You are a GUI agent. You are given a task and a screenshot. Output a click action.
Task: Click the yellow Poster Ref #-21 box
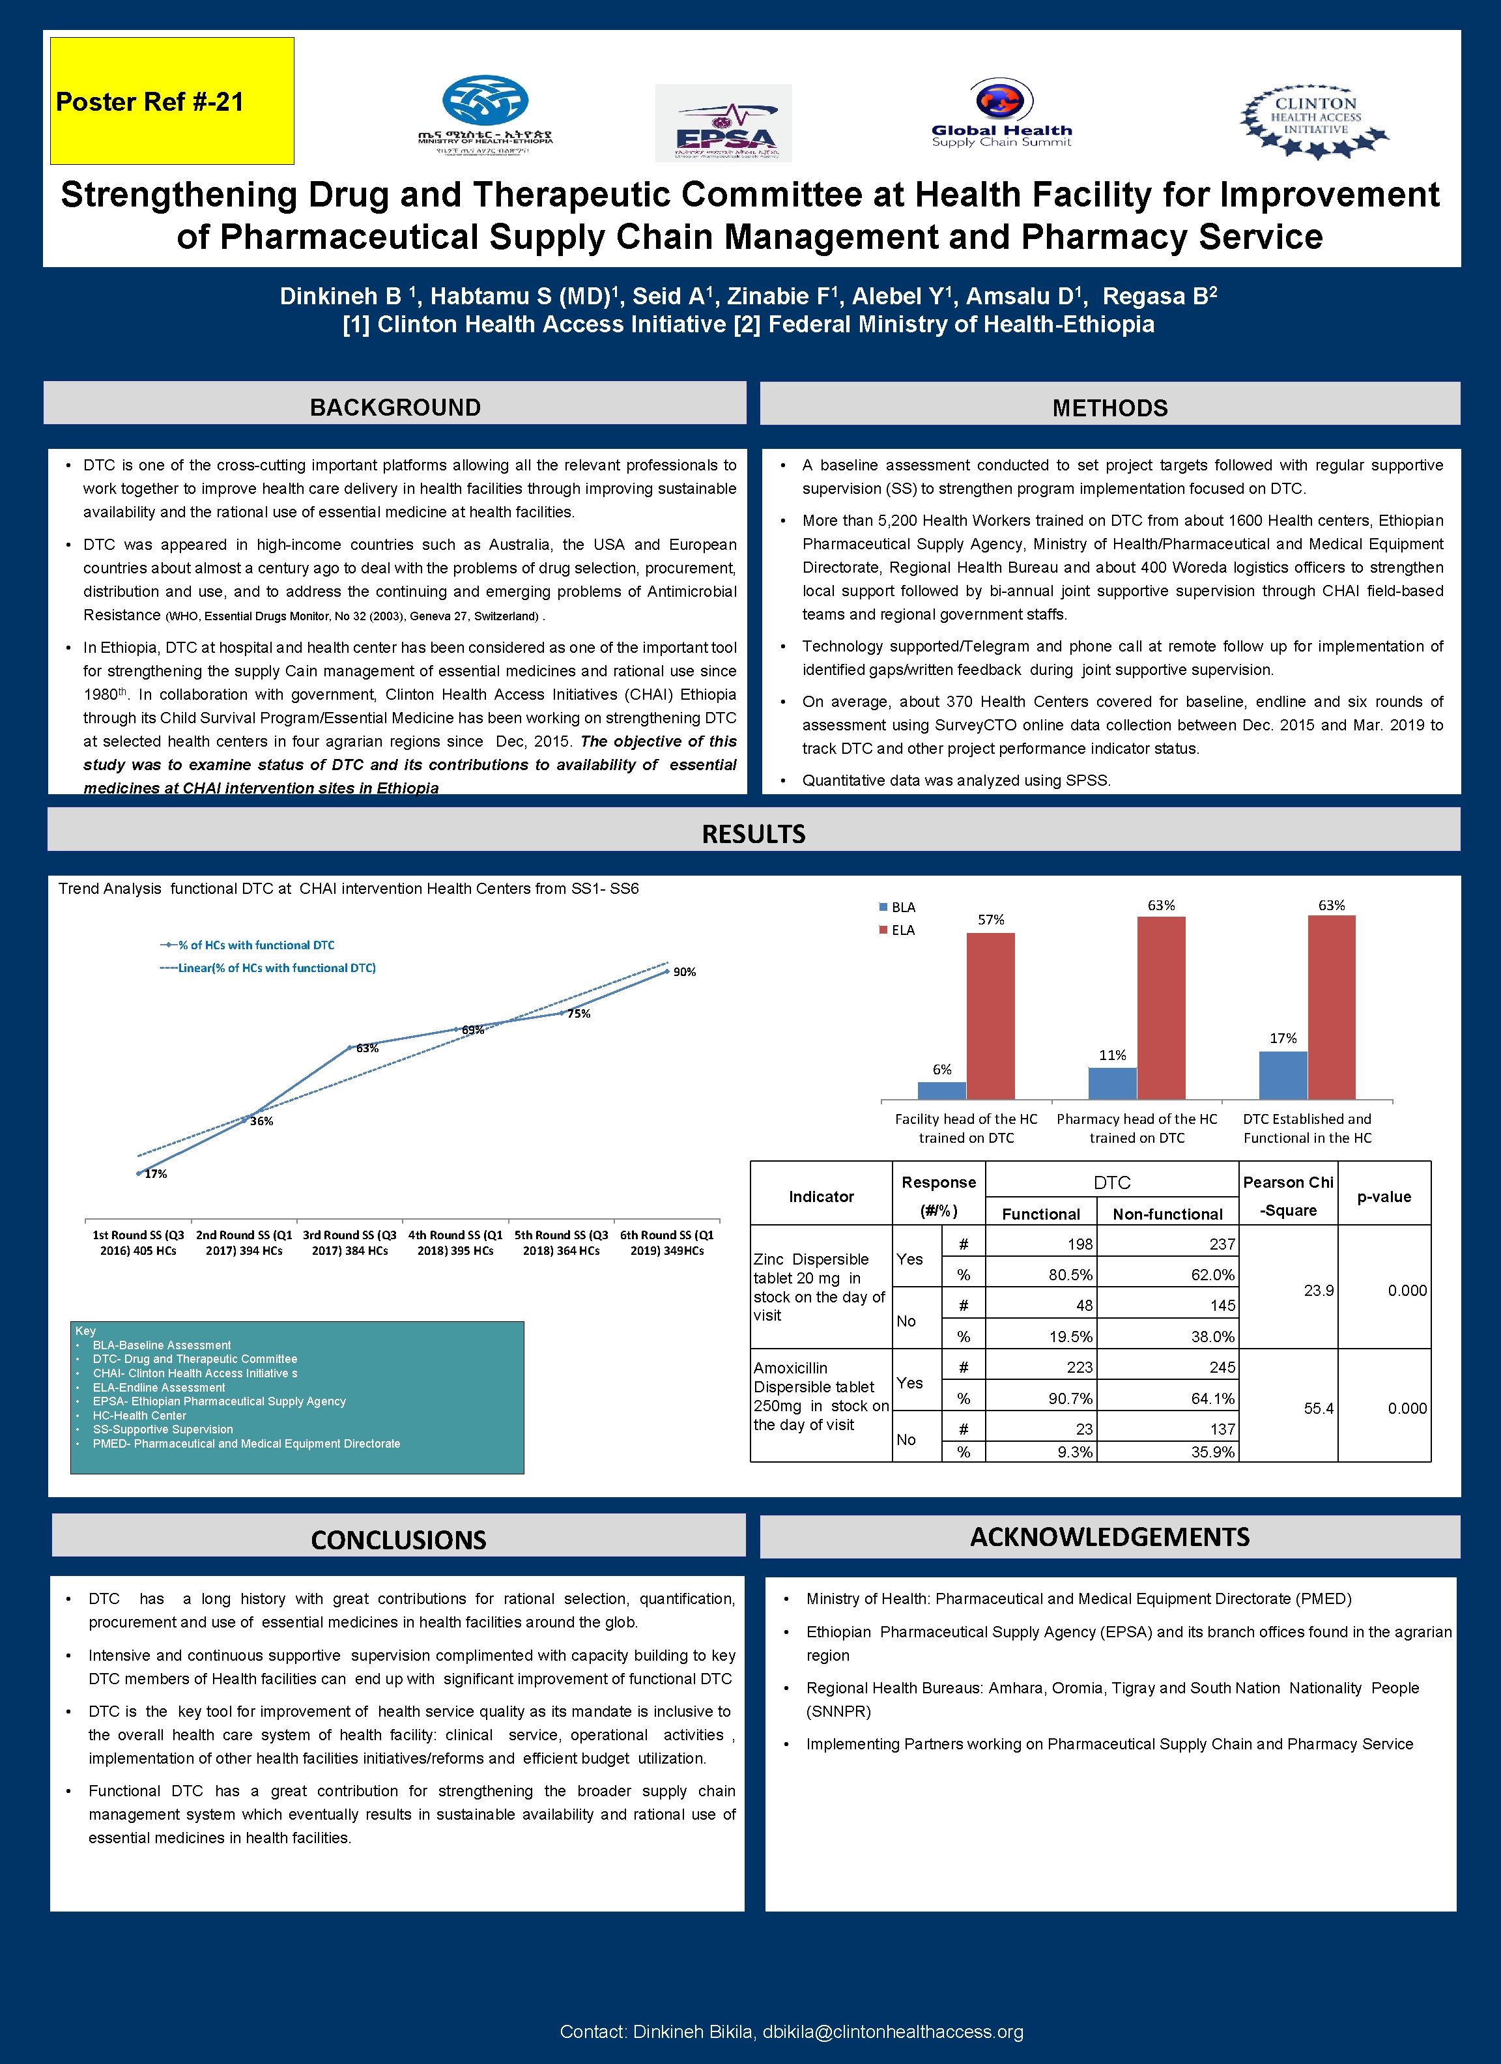171,101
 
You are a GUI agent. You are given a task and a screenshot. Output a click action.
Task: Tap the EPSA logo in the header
724,123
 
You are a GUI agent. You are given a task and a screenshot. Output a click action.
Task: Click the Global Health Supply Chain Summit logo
1001,115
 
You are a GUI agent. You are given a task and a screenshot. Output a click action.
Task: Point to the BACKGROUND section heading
395,407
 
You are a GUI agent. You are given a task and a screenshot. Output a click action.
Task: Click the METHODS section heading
1109,408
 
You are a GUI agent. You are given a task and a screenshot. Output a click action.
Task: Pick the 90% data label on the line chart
685,972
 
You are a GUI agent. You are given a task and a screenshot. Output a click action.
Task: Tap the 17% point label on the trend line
156,1174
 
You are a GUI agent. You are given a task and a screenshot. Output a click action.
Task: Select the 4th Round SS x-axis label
455,1242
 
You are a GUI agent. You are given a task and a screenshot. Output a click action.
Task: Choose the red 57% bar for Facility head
990,1014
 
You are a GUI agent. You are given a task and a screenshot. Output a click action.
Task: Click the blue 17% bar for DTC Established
1283,1075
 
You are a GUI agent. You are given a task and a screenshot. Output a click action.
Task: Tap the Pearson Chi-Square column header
1288,1196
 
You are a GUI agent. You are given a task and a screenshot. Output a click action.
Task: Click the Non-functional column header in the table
1167,1214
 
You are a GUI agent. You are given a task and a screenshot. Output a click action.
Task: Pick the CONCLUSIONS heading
399,1540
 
